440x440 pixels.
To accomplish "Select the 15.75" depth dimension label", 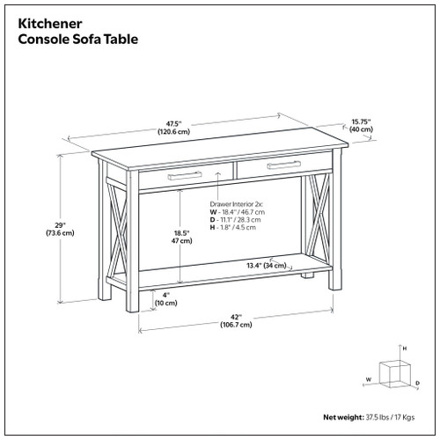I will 361,124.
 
